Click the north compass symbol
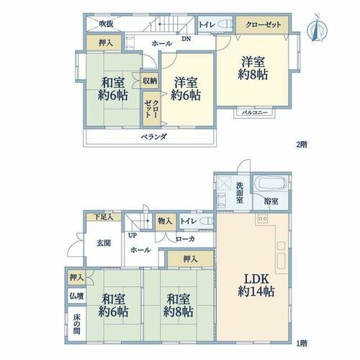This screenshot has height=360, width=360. pos(318,29)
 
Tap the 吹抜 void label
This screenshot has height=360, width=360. pos(107,24)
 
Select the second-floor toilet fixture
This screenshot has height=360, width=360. pos(225,24)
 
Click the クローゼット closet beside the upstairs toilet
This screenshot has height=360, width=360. pos(262,24)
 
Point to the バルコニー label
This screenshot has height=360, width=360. pos(254,112)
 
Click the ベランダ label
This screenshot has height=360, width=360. pos(153,137)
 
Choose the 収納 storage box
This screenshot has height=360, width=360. pos(150,81)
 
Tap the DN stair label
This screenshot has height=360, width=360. pos(186,38)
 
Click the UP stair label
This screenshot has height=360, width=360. pos(132,235)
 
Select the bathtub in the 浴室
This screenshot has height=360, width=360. pos(271,184)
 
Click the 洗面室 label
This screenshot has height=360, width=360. pos(240,193)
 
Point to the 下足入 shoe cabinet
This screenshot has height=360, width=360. pos(104,217)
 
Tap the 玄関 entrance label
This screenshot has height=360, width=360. pos(104,243)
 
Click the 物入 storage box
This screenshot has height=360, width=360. pos(165,221)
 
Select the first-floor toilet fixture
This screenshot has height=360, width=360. pos(207,220)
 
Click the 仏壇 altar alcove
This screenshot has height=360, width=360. pos(76,296)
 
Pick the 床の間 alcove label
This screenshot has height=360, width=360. pos(76,324)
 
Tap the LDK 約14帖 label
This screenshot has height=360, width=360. pos(256,285)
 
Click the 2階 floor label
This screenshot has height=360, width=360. pos(302,145)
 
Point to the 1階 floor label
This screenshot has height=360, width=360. pos(302,343)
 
